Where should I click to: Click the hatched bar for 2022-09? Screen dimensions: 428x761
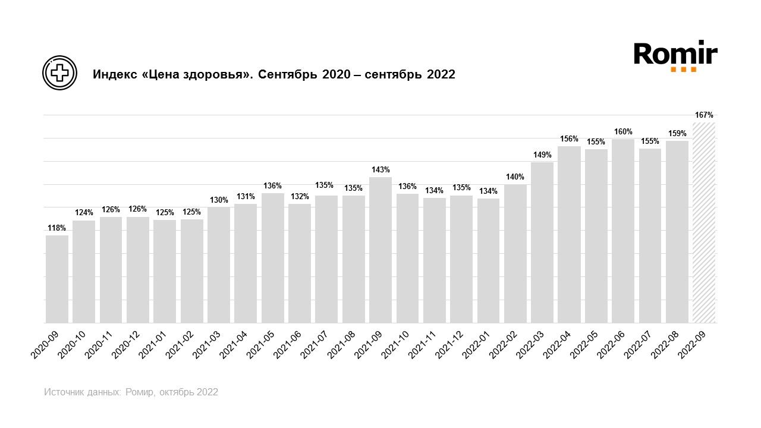704,223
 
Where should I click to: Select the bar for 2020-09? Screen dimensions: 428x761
57,279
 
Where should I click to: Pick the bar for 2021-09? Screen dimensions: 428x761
380,250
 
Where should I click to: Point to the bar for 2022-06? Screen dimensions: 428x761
623,231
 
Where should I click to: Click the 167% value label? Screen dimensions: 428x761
704,115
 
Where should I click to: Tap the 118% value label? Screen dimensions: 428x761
57,228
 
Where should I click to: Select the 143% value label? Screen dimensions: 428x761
380,169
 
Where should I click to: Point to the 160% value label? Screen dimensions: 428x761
623,131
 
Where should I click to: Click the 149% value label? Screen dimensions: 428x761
542,155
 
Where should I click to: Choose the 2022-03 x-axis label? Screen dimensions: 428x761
530,343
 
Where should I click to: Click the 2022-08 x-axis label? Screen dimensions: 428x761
665,343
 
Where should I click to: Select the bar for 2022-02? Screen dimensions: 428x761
515,254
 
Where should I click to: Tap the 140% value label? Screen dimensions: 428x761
515,177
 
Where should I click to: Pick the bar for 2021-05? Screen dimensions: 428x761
273,258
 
